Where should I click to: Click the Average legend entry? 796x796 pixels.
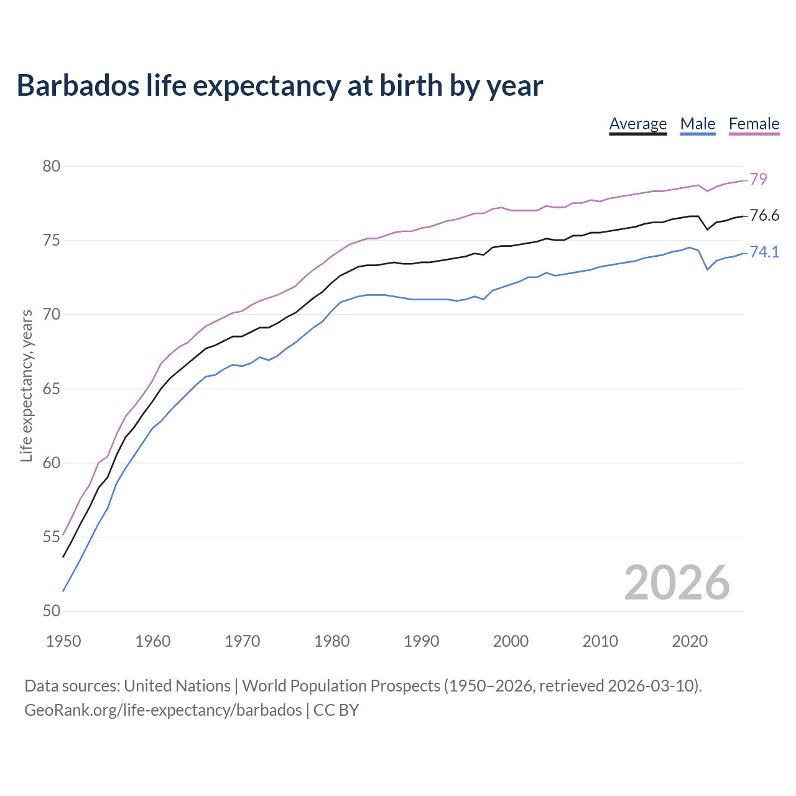(637, 124)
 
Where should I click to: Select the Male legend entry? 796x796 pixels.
(698, 124)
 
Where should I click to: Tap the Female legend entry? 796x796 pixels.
(754, 124)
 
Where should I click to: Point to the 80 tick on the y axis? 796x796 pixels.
(52, 166)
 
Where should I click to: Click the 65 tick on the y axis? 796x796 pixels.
(52, 389)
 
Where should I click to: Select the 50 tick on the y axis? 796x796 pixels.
(52, 611)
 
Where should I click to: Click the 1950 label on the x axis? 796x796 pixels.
(63, 641)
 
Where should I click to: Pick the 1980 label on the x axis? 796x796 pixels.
(331, 641)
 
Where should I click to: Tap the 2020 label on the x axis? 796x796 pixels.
(690, 641)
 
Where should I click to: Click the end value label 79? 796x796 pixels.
(758, 179)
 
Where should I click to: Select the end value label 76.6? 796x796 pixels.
(764, 215)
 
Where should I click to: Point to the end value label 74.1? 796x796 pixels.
(764, 252)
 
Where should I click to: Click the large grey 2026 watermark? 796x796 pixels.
(677, 583)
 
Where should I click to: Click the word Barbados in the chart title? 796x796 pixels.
(78, 85)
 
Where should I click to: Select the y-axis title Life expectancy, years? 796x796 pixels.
(27, 386)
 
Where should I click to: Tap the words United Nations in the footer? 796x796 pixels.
(177, 686)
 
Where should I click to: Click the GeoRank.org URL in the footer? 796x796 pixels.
(163, 710)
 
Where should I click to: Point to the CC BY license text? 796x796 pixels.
(336, 710)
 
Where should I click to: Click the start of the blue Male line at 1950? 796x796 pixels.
(63, 591)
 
